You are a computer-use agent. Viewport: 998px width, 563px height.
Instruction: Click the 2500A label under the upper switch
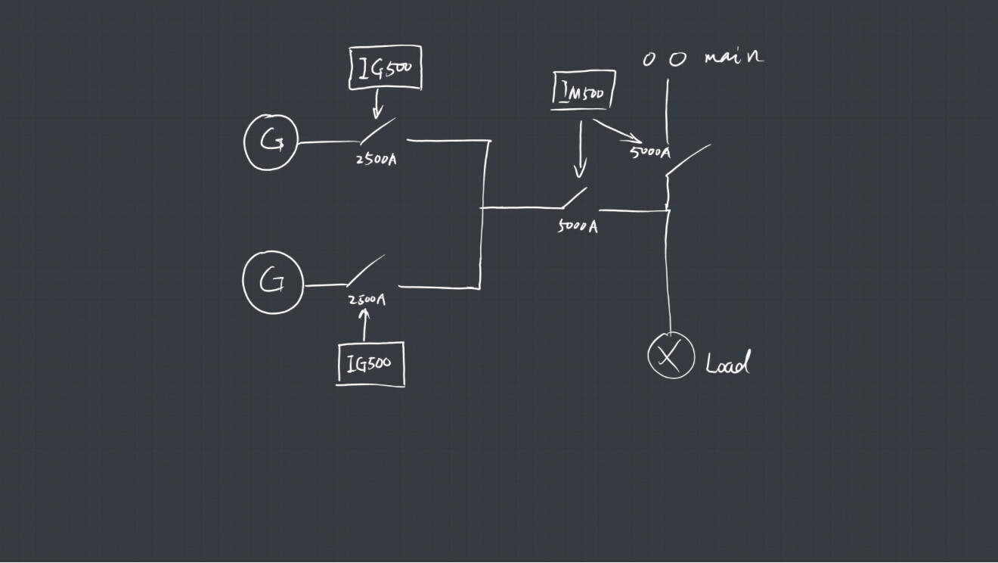(x=376, y=159)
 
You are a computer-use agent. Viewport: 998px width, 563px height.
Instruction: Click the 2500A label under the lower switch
(x=367, y=300)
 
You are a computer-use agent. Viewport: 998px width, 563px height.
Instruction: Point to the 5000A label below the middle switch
(x=578, y=226)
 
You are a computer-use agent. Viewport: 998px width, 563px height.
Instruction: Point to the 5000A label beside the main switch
(x=650, y=152)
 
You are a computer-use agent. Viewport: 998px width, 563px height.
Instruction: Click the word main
(x=734, y=57)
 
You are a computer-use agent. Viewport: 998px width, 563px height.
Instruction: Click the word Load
(x=728, y=362)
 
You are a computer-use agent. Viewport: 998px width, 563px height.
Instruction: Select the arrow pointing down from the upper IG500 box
(x=377, y=104)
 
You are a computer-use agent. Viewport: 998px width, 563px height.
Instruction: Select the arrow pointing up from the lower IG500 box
(x=364, y=325)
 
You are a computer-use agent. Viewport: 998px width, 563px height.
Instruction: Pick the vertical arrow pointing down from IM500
(x=580, y=149)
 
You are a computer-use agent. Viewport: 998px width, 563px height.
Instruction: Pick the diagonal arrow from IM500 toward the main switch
(x=617, y=131)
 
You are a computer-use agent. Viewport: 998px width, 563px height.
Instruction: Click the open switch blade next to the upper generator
(x=378, y=131)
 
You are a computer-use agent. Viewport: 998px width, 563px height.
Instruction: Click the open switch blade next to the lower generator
(x=366, y=271)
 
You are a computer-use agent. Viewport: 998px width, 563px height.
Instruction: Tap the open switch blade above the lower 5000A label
(x=575, y=198)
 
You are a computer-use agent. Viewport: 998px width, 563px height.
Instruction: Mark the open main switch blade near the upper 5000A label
(x=688, y=159)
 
